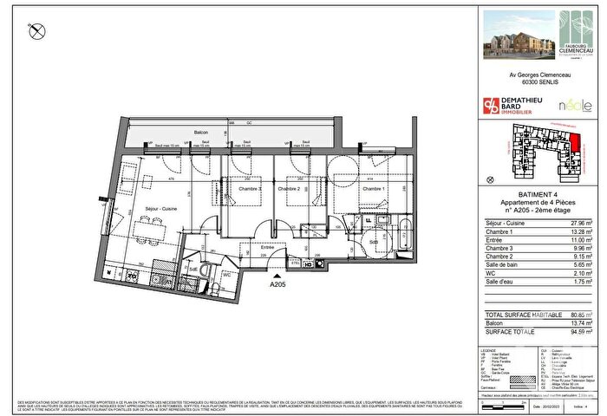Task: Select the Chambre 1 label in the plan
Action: coord(373,189)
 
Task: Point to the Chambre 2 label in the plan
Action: coord(288,189)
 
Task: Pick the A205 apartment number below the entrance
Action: coord(278,284)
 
